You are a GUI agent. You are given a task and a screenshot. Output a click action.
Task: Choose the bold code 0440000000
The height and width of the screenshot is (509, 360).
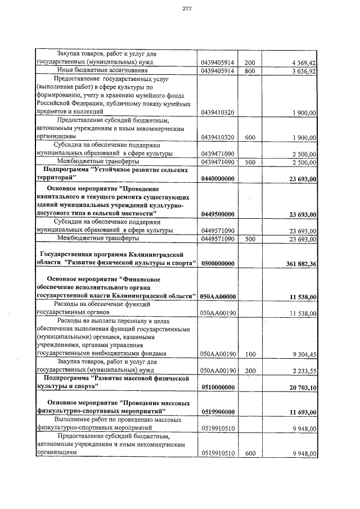click(x=217, y=178)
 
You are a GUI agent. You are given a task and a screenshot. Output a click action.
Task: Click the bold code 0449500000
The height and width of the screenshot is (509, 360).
click(x=217, y=214)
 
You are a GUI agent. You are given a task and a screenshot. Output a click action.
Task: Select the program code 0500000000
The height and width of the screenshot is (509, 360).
click(x=217, y=264)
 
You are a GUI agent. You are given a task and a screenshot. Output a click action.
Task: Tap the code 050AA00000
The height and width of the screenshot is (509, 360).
click(x=217, y=296)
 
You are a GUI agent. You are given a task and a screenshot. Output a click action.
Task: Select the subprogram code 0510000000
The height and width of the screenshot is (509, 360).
click(x=217, y=388)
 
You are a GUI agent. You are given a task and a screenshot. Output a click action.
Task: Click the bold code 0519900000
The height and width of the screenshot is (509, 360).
click(x=217, y=412)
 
